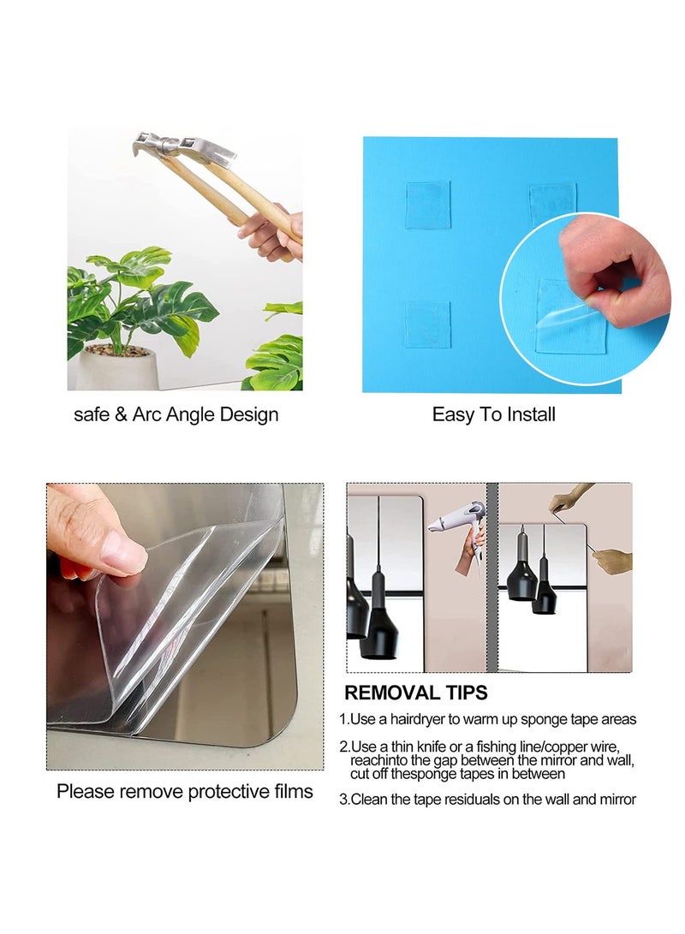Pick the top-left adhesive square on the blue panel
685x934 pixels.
[427, 205]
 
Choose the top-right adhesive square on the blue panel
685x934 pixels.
[551, 205]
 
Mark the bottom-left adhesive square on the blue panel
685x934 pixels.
[427, 324]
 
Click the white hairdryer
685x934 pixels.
[454, 521]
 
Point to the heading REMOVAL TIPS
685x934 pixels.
[416, 693]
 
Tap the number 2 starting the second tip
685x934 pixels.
[343, 747]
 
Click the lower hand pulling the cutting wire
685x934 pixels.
[613, 562]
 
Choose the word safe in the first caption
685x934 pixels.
[92, 415]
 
